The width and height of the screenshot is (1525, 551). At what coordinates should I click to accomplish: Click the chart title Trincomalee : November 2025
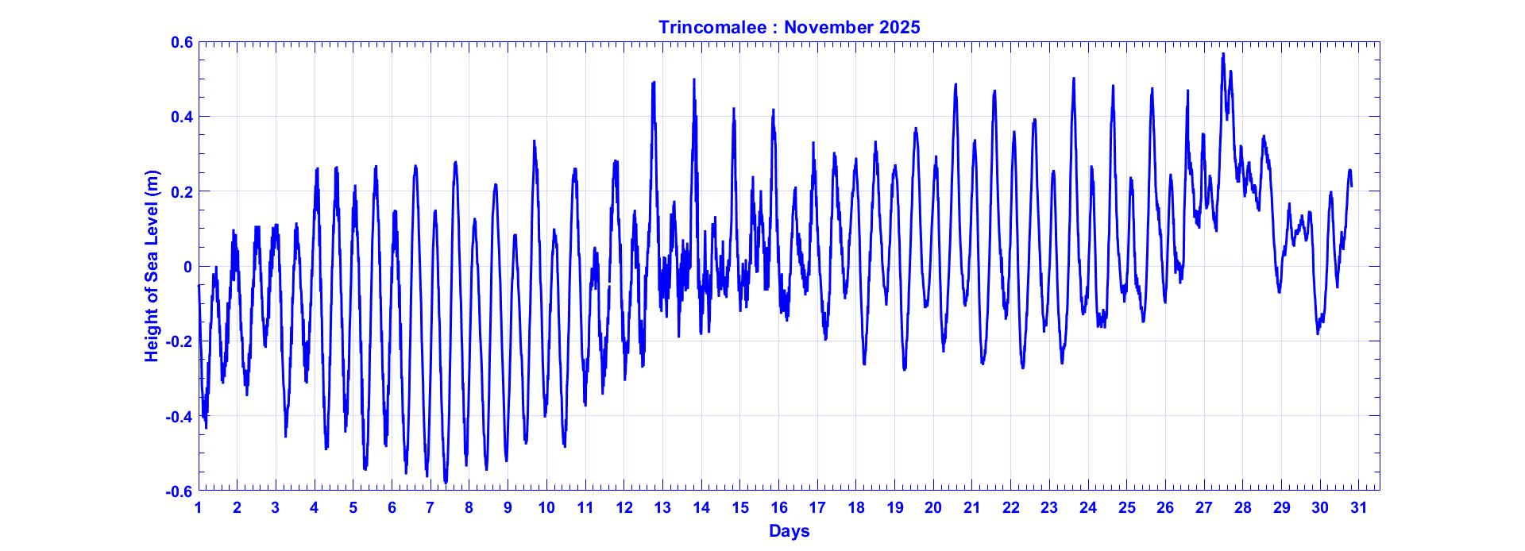[x=789, y=27]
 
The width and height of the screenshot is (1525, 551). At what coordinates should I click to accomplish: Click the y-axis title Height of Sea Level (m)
[x=152, y=266]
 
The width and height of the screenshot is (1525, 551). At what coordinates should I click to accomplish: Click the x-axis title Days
[x=789, y=531]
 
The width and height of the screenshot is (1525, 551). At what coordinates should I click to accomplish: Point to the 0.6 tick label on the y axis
[x=182, y=42]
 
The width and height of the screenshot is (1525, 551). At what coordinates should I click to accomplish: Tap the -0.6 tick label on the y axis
[x=180, y=491]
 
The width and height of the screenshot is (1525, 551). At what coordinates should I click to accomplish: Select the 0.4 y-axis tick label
[x=182, y=117]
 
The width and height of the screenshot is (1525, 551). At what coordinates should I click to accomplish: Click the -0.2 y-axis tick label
[x=180, y=341]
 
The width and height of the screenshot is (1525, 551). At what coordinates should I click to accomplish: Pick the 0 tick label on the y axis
[x=187, y=267]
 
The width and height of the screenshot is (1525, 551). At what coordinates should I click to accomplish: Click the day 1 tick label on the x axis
[x=199, y=508]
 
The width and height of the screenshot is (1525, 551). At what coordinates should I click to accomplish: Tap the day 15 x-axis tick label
[x=740, y=508]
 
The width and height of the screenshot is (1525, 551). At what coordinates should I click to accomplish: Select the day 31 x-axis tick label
[x=1359, y=508]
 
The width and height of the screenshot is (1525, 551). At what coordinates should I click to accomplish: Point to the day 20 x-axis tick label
[x=933, y=508]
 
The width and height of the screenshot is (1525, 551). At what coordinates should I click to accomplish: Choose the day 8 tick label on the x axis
[x=469, y=508]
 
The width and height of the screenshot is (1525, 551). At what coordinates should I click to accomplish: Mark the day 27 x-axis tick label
[x=1204, y=508]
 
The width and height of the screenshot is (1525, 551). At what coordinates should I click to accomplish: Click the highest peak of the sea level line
[x=1223, y=54]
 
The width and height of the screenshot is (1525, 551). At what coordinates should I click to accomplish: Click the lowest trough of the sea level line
[x=446, y=482]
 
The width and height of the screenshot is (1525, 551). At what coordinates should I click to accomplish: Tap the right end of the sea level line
[x=1351, y=186]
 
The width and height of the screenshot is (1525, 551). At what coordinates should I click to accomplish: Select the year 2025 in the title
[x=899, y=27]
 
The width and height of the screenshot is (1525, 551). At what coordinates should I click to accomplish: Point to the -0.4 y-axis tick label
[x=180, y=416]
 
